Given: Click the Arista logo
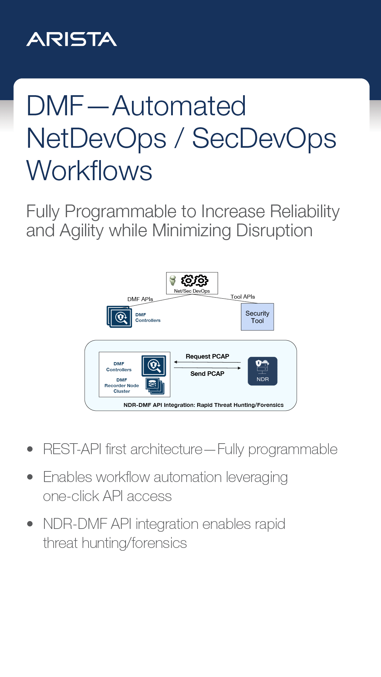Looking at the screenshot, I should point(72,39).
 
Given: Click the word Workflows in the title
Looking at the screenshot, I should point(89,171).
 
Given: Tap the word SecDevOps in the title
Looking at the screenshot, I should point(264,138).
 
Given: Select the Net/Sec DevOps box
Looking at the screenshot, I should point(192,283).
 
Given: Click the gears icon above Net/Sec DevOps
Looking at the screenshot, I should point(194,281).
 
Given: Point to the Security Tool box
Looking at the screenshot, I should point(257,317).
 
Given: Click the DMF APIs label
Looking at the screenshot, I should point(140,299).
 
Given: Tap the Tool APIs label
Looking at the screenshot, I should point(243,297).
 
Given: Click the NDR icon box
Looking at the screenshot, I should point(262,371).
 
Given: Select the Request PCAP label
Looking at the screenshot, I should point(207,356).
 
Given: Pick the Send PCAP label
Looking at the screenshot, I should point(207,374).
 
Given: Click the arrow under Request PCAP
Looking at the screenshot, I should point(207,362).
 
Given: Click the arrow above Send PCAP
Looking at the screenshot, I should point(207,368).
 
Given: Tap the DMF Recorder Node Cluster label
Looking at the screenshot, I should point(122,386).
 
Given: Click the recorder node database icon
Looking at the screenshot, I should point(154,385).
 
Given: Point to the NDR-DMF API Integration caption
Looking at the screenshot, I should point(204,405).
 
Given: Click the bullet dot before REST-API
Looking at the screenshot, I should point(30,449).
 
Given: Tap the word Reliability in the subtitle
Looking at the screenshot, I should point(305,212).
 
